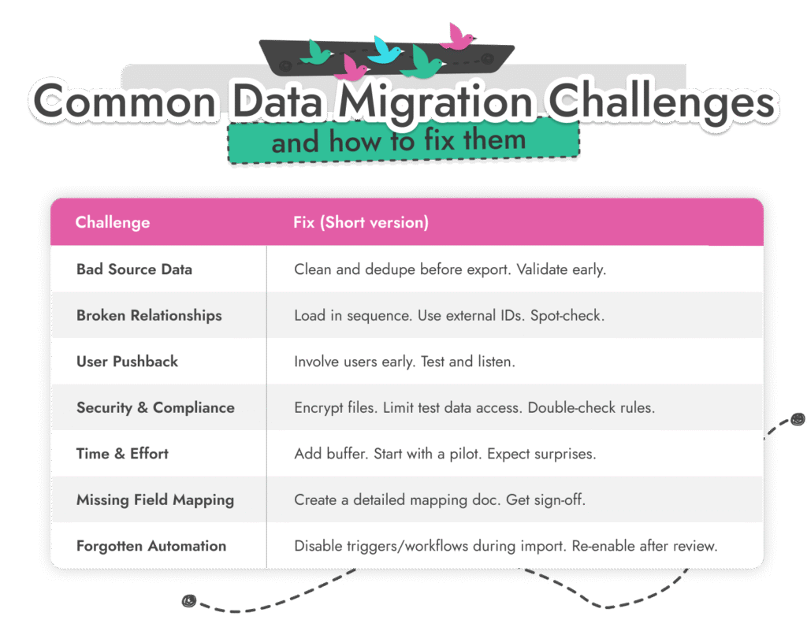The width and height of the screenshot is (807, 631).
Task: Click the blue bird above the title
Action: pos(385,49)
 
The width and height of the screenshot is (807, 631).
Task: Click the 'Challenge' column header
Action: pos(113,223)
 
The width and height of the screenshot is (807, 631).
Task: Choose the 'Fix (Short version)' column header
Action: pos(361,223)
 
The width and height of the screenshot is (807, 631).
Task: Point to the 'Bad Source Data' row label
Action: pos(134,269)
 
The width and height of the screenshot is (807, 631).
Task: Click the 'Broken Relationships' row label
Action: pos(149,316)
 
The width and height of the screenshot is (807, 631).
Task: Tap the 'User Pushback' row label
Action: pos(127,362)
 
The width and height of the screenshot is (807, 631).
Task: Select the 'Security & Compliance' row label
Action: pos(155,408)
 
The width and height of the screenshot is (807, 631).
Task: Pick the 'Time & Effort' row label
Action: pos(122,454)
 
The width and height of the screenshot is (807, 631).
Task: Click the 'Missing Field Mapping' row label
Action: pos(155,500)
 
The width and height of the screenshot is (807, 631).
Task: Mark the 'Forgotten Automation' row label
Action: pos(151,546)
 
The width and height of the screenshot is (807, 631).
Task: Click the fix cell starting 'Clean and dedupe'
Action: pos(450,269)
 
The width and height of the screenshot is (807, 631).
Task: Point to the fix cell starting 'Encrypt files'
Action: pos(474,408)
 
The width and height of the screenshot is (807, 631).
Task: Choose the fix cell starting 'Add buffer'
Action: pos(445,454)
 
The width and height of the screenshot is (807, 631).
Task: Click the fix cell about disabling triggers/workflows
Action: pos(506,546)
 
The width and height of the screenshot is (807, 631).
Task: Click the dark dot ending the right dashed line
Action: pos(798,419)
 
